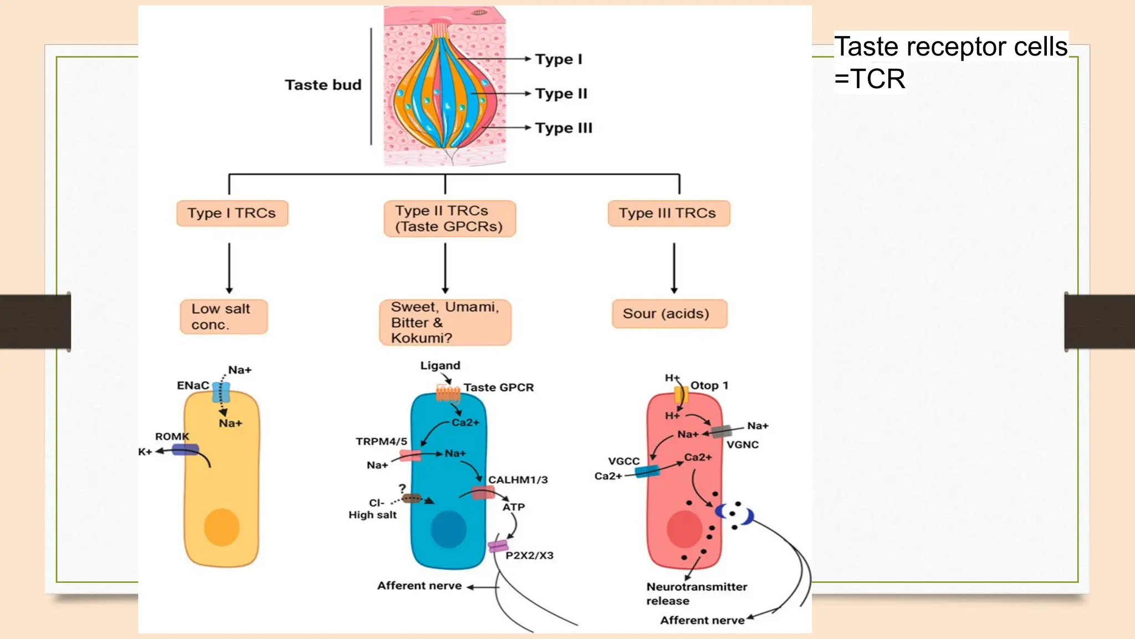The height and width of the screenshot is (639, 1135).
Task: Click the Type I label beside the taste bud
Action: pyautogui.click(x=558, y=59)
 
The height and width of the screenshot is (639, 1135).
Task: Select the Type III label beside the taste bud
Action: pyautogui.click(x=564, y=128)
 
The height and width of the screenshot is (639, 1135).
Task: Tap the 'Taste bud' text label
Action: pyautogui.click(x=323, y=85)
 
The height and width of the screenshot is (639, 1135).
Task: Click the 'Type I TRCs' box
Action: pyautogui.click(x=232, y=214)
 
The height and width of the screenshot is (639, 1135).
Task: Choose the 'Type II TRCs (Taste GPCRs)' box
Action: pyautogui.click(x=449, y=219)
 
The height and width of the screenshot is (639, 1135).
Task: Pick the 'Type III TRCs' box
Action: pyautogui.click(x=668, y=214)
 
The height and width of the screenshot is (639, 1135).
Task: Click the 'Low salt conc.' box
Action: pyautogui.click(x=223, y=317)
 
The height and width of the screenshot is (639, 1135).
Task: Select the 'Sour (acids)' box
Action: pyautogui.click(x=669, y=314)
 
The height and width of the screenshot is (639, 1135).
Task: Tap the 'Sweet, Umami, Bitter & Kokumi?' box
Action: pyautogui.click(x=444, y=322)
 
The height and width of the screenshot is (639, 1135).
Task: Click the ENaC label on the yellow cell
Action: pyautogui.click(x=193, y=386)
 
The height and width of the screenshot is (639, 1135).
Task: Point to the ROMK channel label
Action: pyautogui.click(x=172, y=437)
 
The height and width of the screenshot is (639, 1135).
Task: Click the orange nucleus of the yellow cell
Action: pyautogui.click(x=222, y=527)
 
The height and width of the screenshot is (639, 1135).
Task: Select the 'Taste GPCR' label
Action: pyautogui.click(x=499, y=388)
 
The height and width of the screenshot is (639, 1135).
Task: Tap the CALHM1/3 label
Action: pyautogui.click(x=518, y=480)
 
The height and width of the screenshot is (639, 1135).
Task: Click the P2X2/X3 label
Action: pyautogui.click(x=529, y=555)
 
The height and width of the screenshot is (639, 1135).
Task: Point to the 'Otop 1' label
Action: pyautogui.click(x=709, y=386)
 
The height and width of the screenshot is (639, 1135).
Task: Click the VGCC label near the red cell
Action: pyautogui.click(x=623, y=461)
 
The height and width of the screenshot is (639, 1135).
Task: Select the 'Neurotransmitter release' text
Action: pyautogui.click(x=696, y=594)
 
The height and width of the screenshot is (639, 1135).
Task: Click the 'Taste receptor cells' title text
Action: pyautogui.click(x=950, y=47)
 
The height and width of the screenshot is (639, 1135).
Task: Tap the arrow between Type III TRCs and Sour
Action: pyautogui.click(x=674, y=267)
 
